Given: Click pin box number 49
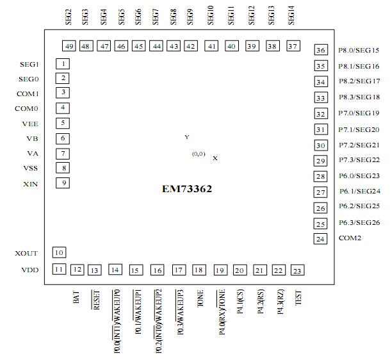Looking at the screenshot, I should click(69, 46).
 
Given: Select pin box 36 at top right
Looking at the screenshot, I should click(321, 51).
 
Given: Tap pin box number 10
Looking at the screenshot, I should click(59, 252).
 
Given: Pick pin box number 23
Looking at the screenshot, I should click(297, 270).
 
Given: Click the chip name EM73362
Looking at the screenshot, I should click(187, 190).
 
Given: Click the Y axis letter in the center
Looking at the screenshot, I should click(187, 138).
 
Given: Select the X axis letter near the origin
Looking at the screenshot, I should click(215, 158).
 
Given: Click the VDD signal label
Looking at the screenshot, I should click(29, 270).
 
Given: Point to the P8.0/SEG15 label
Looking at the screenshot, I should click(359, 51).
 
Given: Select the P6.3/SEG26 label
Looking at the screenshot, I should click(359, 223).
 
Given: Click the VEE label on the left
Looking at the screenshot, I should click(30, 124).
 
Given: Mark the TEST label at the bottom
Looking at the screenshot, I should click(298, 298).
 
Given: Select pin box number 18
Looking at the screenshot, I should click(199, 270).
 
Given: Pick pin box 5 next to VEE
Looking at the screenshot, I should click(63, 123).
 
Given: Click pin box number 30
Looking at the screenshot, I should click(321, 145).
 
